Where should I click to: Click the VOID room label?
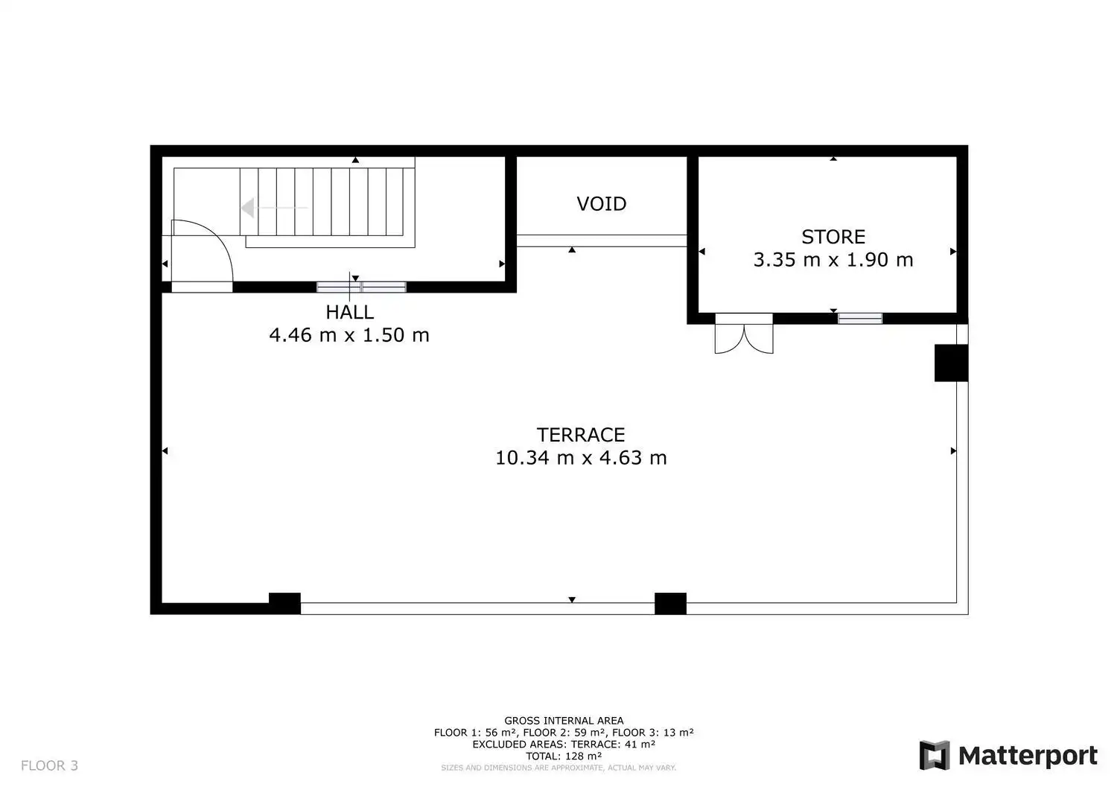(x=602, y=204)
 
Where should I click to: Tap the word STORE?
(x=833, y=237)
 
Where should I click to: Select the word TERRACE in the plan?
(x=581, y=435)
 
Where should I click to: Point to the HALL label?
(x=349, y=312)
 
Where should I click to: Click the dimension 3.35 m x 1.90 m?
(x=833, y=260)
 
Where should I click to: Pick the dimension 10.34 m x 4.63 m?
(x=581, y=458)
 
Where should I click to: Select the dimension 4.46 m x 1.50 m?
(x=349, y=335)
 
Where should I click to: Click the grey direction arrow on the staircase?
(x=273, y=208)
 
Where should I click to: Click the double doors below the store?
(x=744, y=334)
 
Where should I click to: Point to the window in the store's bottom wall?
(x=860, y=318)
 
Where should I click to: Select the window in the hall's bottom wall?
(x=361, y=287)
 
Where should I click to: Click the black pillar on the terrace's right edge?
(x=952, y=363)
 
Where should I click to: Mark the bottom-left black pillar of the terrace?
(x=284, y=603)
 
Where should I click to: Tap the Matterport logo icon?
(x=934, y=755)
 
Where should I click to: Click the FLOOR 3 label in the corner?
(x=49, y=765)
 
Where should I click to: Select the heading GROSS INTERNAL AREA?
(x=564, y=721)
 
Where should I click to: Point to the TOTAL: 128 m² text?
(x=564, y=756)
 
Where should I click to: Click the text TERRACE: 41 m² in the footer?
(x=613, y=744)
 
